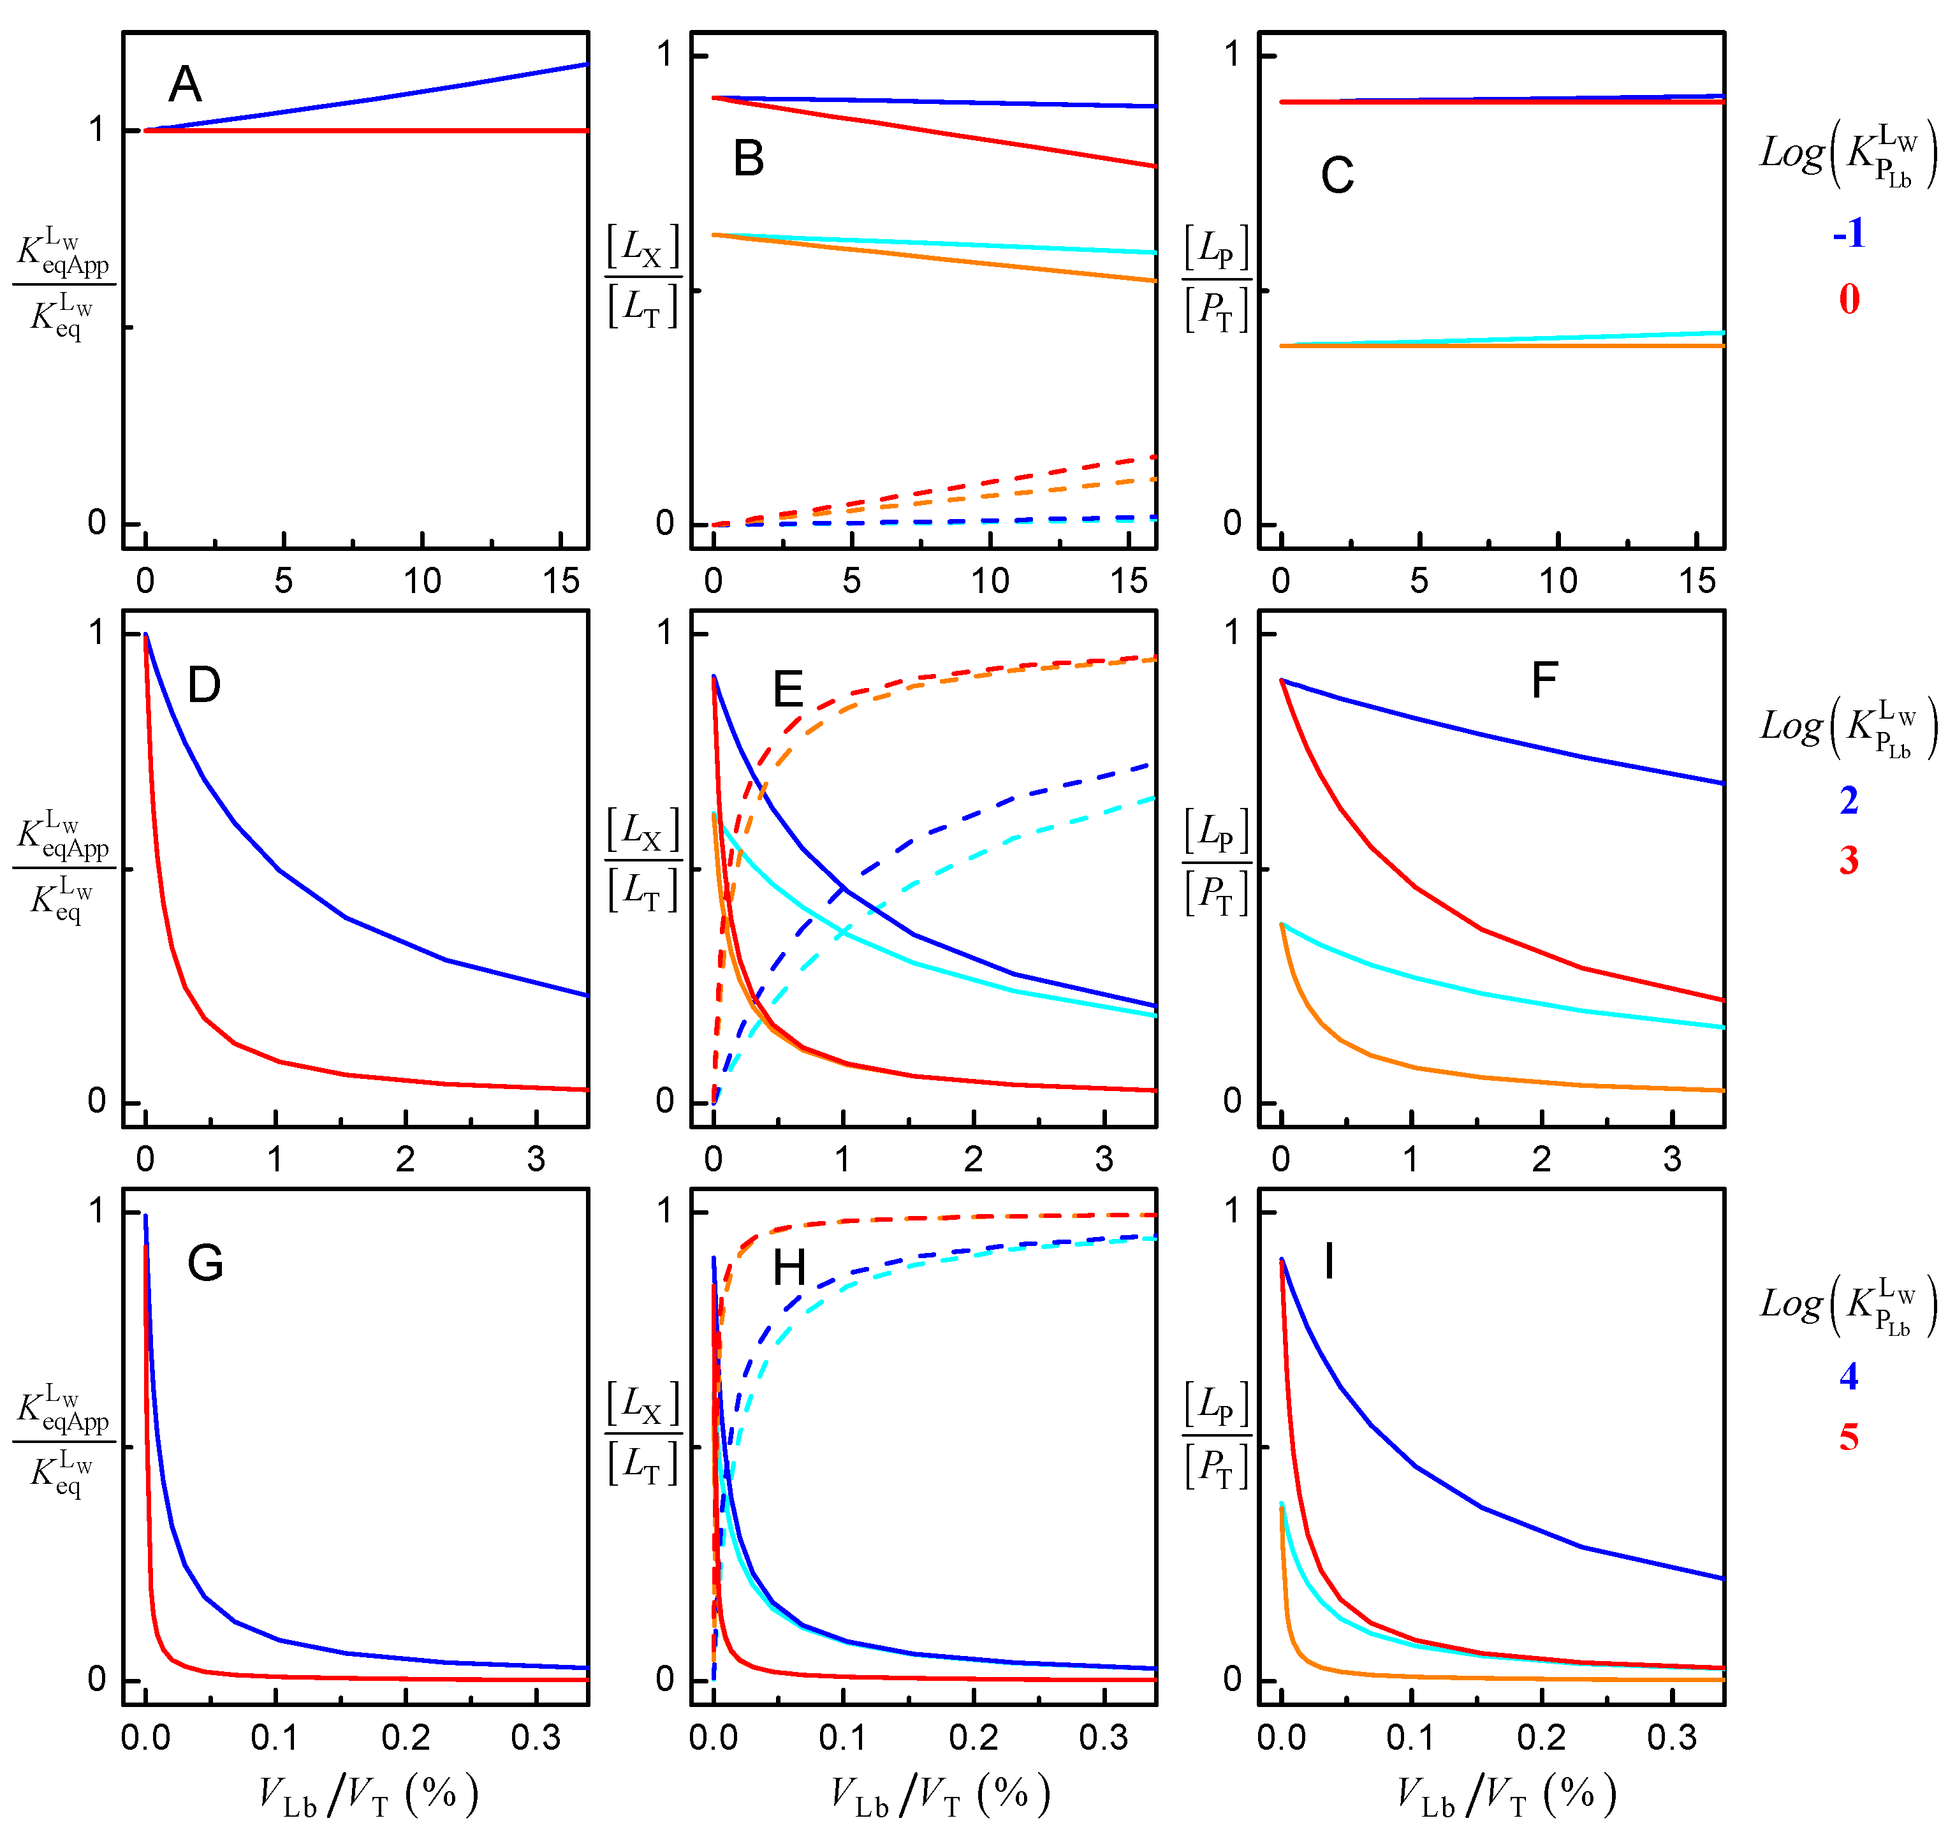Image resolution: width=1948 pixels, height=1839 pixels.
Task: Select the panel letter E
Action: [x=787, y=689]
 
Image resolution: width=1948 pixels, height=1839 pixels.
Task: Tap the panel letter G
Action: [x=205, y=1264]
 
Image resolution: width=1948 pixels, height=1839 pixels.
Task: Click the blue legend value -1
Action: [x=1848, y=233]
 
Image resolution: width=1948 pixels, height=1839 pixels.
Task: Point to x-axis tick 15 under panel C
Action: [x=1696, y=582]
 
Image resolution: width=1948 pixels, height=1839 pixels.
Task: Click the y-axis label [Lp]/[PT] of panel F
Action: [x=1217, y=863]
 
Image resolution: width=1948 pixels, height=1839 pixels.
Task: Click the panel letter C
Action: [x=1337, y=177]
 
